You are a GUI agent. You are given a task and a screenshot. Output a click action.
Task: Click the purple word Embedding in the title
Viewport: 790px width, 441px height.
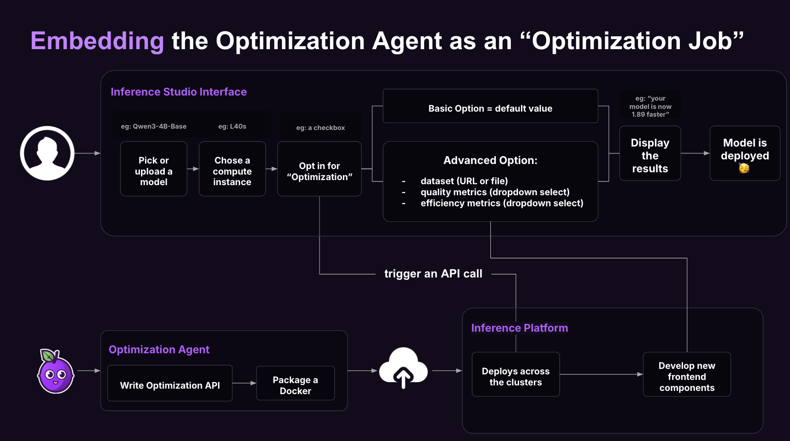[97, 41]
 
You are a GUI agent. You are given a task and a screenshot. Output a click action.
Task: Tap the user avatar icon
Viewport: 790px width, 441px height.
[47, 153]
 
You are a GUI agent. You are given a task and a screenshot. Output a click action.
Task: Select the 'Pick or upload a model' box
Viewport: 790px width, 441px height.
[154, 169]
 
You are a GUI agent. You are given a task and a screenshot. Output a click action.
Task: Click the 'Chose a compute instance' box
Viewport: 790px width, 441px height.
[232, 169]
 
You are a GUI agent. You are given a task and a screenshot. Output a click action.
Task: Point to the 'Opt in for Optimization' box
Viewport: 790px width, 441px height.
[319, 169]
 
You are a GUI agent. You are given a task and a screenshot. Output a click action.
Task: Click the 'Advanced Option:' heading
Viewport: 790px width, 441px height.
[490, 160]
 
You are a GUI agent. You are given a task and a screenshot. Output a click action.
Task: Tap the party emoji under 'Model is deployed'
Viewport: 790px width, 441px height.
[744, 169]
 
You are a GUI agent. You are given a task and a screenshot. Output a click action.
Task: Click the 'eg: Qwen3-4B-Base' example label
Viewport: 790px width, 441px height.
[154, 126]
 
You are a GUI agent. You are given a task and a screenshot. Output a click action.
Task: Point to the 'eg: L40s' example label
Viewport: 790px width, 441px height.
[232, 126]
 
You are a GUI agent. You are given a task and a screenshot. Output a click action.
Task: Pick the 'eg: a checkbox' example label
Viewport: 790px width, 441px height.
[320, 128]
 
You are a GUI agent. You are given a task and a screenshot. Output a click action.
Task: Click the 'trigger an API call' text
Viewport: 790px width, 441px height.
[433, 274]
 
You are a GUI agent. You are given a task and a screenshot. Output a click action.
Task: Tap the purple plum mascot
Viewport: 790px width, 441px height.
[56, 372]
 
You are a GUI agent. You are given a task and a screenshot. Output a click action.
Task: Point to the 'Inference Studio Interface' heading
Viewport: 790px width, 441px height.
[179, 92]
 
